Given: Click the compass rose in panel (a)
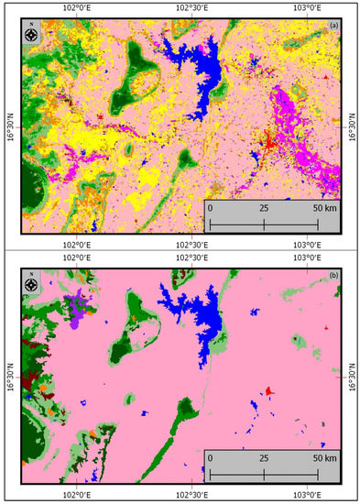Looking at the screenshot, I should coord(32,36).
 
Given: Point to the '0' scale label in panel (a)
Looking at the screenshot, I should coord(211,208).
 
